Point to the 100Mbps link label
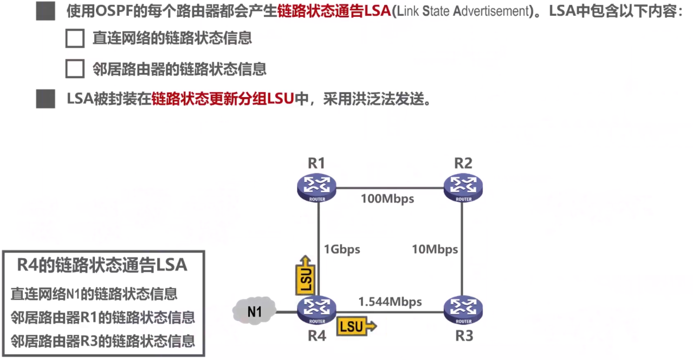pyautogui.click(x=387, y=199)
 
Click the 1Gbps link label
pyautogui.click(x=342, y=249)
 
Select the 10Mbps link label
pyautogui.click(x=435, y=249)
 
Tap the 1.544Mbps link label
pyautogui.click(x=390, y=301)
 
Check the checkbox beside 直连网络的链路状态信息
pyautogui.click(x=75, y=38)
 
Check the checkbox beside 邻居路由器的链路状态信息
pyautogui.click(x=75, y=69)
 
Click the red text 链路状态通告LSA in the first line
pyautogui.click(x=334, y=11)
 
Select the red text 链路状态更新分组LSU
pyautogui.click(x=223, y=99)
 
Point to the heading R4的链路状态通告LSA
pyautogui.click(x=102, y=265)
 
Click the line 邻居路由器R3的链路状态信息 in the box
pyautogui.click(x=103, y=341)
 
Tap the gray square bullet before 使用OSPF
pyautogui.click(x=46, y=11)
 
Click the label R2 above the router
pyautogui.click(x=463, y=163)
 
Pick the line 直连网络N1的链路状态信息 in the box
pyautogui.click(x=94, y=294)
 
